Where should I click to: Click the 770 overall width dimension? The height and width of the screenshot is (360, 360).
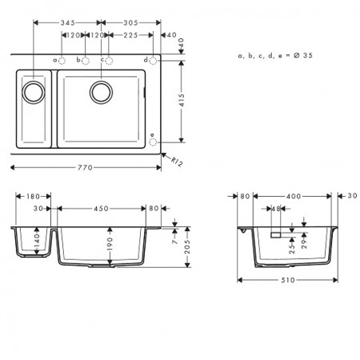coord(85,167)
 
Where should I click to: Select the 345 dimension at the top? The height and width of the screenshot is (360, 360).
coord(67,22)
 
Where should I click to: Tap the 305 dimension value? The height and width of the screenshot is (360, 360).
coord(130,22)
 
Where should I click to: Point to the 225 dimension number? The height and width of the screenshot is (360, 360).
coord(130,35)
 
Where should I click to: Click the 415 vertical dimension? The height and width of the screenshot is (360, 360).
coord(182,100)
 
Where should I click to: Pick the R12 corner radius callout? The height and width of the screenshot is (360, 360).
coord(177,162)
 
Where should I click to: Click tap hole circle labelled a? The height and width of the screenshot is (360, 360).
coord(62,61)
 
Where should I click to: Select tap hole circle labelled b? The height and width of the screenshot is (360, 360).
coord(86,61)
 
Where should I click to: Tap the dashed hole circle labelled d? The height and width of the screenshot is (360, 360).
coord(153,61)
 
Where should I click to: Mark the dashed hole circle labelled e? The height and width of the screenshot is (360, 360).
coord(153,142)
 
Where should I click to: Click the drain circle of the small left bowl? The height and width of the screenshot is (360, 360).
coord(34,92)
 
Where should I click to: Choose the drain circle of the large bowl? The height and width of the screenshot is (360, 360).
coord(101,92)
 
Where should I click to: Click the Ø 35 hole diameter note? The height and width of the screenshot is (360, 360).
coord(303,55)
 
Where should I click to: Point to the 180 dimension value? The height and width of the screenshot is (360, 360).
coord(33,197)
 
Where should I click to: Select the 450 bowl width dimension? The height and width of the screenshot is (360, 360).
coord(101,209)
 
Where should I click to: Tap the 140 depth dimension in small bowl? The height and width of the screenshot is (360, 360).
coord(37,240)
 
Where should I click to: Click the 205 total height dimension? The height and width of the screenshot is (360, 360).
coord(187,246)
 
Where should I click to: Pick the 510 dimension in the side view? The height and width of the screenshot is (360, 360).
coord(288,280)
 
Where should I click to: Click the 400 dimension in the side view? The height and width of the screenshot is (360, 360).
coord(294,197)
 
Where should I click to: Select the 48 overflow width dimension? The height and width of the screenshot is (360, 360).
coord(276,209)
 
